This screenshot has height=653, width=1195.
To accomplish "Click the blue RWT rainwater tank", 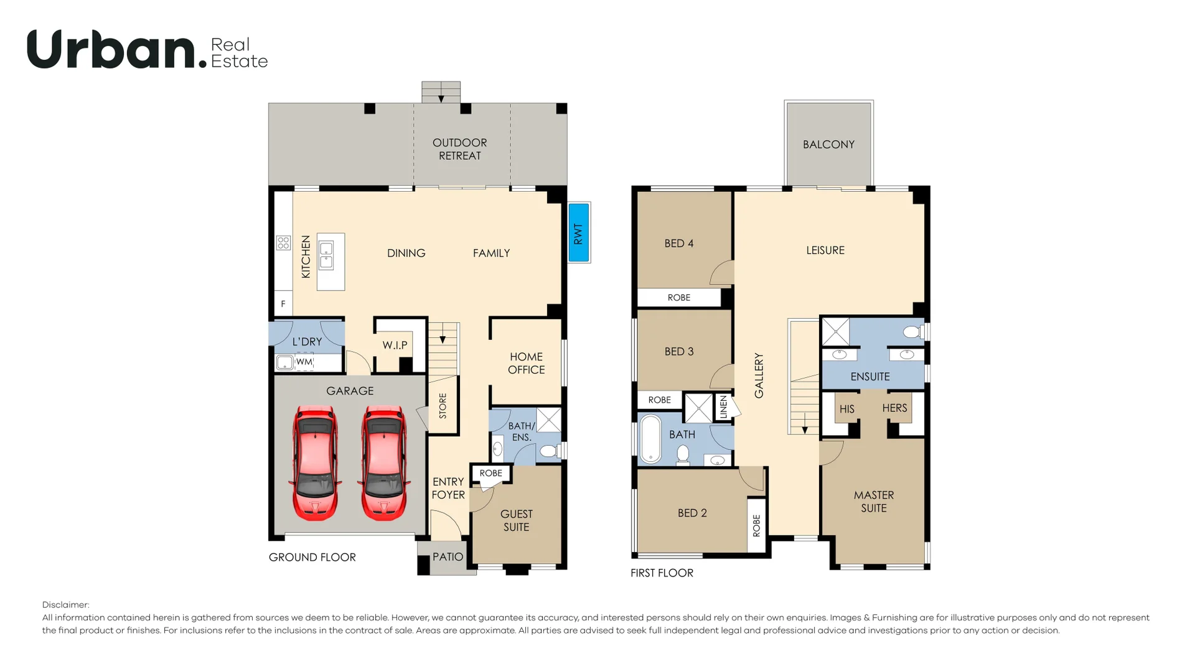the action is (x=579, y=233).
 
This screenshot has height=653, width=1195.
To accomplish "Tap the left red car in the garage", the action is (x=315, y=463).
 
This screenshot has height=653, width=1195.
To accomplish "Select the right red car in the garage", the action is (x=383, y=463).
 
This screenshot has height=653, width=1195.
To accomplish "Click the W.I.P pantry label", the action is (x=395, y=345).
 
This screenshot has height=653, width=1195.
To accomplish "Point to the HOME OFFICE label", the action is (x=526, y=363).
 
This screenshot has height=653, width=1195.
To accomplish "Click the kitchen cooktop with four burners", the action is (x=283, y=242).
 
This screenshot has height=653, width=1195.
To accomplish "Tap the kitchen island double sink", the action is (x=326, y=255).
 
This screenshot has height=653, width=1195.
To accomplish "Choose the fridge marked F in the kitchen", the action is (x=283, y=304).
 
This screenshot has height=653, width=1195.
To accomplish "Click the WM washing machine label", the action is (x=304, y=362).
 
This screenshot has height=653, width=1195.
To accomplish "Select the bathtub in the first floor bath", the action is (x=651, y=439).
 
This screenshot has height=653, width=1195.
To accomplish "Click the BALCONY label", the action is (x=828, y=144).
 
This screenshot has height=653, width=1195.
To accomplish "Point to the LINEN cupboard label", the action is (x=723, y=407).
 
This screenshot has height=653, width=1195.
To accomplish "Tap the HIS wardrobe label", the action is (x=847, y=409).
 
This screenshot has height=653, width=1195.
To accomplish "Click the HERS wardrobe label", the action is (x=894, y=408).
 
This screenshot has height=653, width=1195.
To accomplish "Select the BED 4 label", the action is (x=679, y=243).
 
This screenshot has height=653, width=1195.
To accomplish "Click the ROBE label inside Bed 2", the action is (x=756, y=525).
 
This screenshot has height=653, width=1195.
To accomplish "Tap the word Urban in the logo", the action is (x=113, y=50).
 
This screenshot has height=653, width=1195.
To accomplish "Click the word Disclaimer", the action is (x=65, y=604).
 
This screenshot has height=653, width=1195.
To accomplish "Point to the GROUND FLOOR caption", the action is (x=312, y=557).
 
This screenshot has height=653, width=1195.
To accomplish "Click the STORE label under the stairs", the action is (x=443, y=406).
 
